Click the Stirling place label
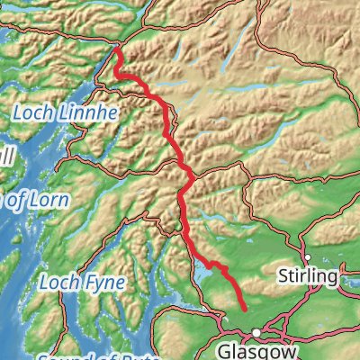click(x=308, y=274)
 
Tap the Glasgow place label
click(x=257, y=349)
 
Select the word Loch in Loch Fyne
click(x=58, y=282)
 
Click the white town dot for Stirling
click(x=307, y=256)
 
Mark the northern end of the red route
click(x=116, y=50)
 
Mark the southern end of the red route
click(x=245, y=310)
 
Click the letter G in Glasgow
click(x=227, y=349)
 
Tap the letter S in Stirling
click(x=283, y=274)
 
